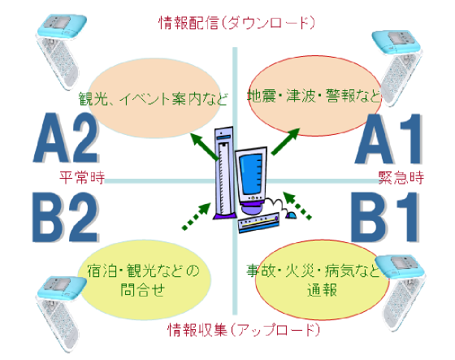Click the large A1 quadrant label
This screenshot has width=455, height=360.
tap(388, 138)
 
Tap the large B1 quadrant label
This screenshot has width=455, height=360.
tap(385, 217)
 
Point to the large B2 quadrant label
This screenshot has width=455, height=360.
tap(66, 217)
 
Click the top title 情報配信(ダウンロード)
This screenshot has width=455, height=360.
tap(236, 23)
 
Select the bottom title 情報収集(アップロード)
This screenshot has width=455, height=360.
tap(244, 329)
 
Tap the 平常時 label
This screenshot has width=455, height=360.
tap(82, 177)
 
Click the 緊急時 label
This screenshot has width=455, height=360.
tap(401, 177)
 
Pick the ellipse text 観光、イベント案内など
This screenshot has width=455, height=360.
tap(153, 98)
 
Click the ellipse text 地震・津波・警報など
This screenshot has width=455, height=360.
tap(314, 96)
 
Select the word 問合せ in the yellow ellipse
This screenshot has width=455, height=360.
tap(142, 289)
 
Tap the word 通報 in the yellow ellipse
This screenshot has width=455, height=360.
tap(322, 289)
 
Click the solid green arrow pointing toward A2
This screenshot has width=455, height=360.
tap(205, 146)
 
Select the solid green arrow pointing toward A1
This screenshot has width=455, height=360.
tap(285, 141)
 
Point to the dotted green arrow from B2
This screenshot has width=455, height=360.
tap(196, 216)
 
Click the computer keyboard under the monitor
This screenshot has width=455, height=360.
tap(259, 223)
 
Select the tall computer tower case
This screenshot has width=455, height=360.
tap(224, 173)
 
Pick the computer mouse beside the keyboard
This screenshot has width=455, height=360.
tap(291, 215)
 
